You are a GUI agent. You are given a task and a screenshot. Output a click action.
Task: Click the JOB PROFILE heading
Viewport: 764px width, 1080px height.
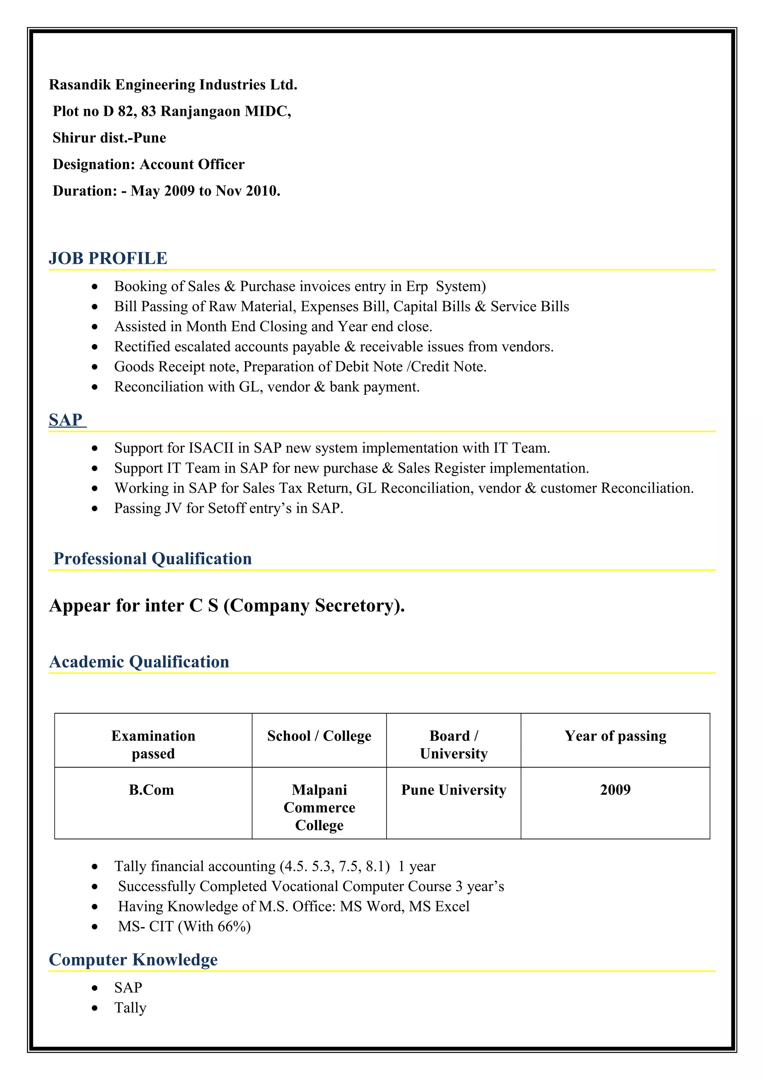point(108,258)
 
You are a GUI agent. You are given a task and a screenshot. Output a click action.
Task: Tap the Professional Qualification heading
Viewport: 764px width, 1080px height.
point(153,558)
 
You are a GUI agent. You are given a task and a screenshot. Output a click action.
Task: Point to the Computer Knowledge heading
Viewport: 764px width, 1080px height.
point(133,959)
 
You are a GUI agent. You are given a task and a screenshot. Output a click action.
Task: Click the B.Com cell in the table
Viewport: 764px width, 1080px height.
point(151,789)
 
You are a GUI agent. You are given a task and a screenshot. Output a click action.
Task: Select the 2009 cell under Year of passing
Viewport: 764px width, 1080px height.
point(615,789)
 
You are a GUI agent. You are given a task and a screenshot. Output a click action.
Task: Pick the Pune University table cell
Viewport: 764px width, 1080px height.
point(453,789)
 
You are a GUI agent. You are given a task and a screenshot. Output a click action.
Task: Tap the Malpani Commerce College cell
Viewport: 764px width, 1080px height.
point(319,807)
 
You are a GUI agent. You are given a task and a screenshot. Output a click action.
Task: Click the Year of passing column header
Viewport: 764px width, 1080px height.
point(615,736)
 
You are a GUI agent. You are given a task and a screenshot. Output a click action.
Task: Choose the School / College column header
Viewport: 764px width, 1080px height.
point(319,736)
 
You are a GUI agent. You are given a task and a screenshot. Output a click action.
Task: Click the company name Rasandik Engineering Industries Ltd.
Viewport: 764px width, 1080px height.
point(173,85)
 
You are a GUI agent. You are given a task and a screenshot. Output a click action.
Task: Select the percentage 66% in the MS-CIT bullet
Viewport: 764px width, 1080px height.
point(232,926)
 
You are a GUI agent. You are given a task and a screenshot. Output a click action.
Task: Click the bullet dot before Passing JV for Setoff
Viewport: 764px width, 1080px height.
point(95,508)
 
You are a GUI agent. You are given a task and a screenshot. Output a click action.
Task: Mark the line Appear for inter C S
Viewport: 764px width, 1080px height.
point(227,605)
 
